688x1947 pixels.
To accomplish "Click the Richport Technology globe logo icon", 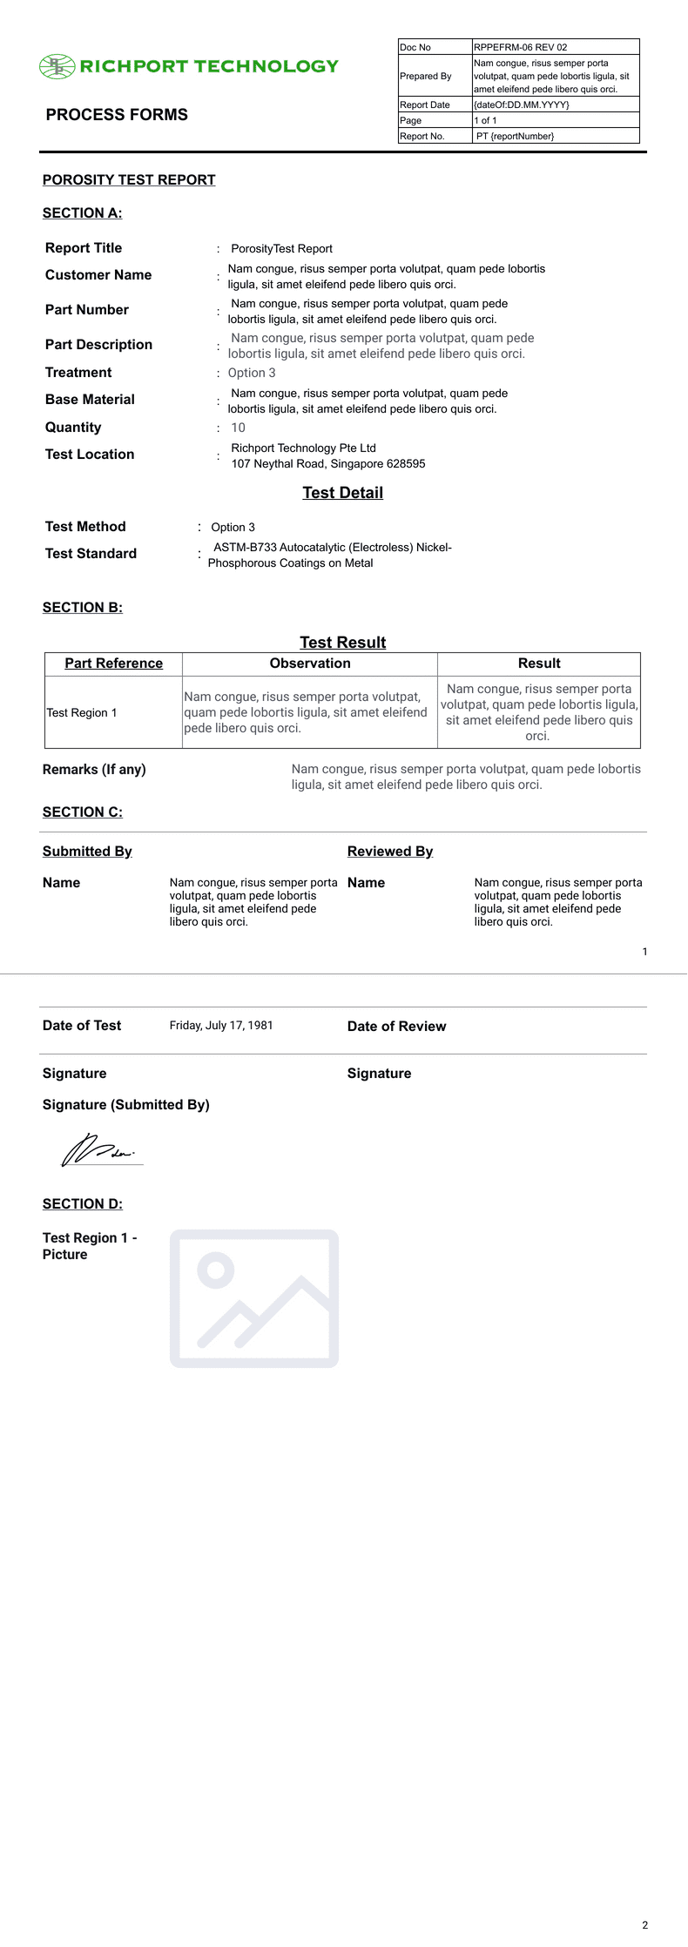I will tap(57, 67).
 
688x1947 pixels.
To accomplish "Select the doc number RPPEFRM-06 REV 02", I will tap(520, 47).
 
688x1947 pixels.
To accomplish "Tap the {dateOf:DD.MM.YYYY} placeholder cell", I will tap(522, 104).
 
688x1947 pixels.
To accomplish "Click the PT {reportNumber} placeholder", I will tap(515, 136).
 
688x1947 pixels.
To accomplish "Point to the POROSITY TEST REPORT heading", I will tap(129, 180).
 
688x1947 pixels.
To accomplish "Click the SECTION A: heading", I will tap(83, 213).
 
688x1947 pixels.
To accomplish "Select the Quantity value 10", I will tap(238, 428).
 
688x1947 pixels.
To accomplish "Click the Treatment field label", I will tap(78, 373).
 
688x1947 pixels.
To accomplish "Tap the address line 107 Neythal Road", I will tap(328, 464).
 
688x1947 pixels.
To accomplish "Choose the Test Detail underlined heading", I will tap(342, 493).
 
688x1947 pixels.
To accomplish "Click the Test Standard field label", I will tap(91, 554).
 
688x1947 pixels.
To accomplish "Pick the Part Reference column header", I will tap(113, 664).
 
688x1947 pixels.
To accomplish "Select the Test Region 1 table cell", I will tap(82, 713).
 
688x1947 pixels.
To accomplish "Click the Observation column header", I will tap(310, 664).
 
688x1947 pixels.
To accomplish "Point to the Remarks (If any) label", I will tap(94, 770).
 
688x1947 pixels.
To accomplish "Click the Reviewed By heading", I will tap(390, 852).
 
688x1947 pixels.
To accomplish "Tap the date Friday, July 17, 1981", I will tap(221, 1026).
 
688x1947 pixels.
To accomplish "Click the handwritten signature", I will tap(98, 1150).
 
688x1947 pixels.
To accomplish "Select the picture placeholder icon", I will tap(254, 1298).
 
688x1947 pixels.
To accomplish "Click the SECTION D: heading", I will tap(83, 1204).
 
